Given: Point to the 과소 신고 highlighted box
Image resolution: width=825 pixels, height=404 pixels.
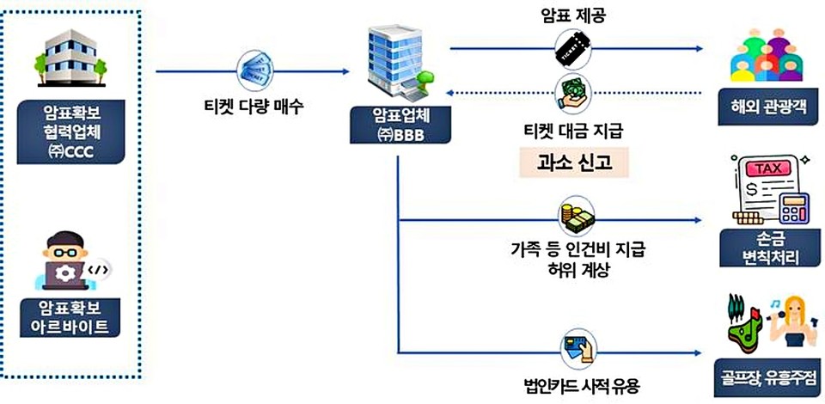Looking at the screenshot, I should [573, 162].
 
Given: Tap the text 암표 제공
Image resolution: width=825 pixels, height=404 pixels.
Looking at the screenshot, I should [574, 15].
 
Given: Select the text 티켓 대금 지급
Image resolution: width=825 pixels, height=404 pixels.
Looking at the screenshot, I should [573, 132].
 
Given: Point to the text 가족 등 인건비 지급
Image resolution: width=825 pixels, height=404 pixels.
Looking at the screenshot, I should [575, 250].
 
